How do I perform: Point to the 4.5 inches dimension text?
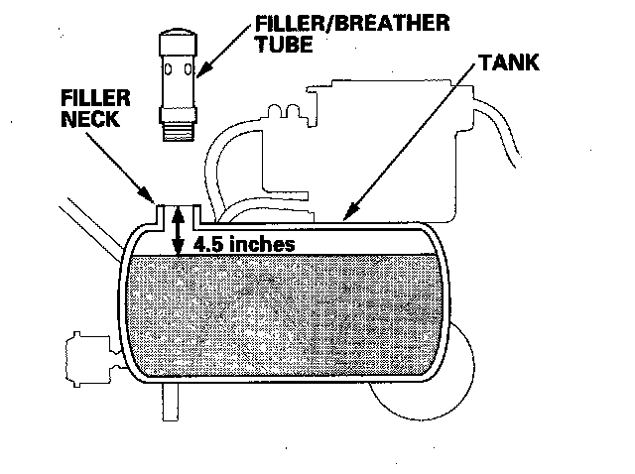[243, 242]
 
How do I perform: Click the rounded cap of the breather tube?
[180, 39]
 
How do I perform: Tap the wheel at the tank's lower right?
[427, 392]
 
